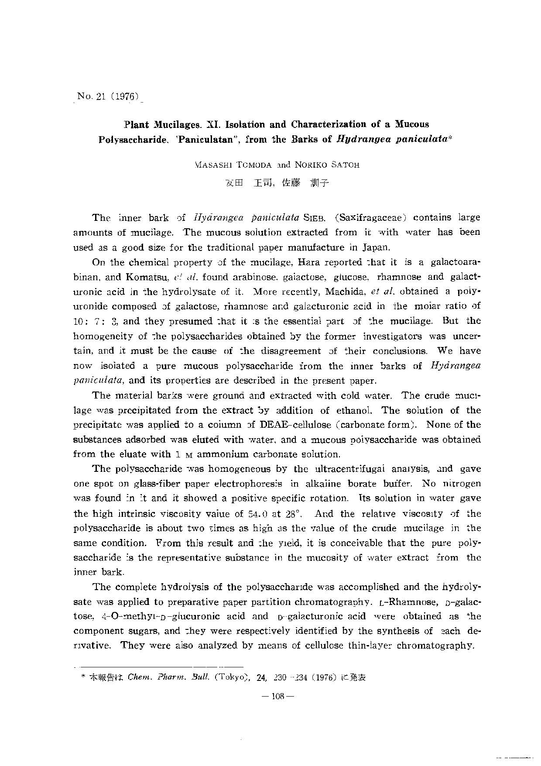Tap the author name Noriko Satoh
(327, 165)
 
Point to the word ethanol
(354, 410)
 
